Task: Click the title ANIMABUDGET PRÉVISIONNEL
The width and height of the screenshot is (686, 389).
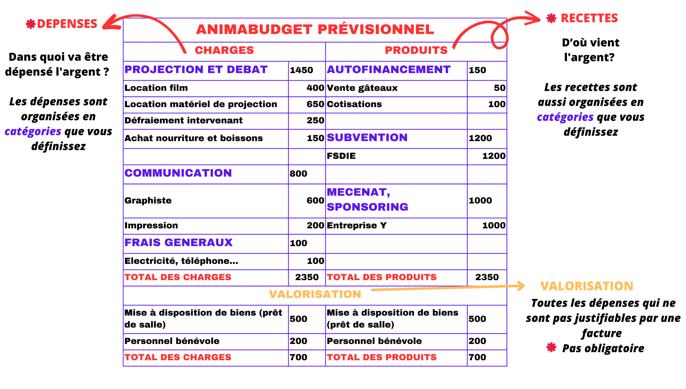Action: [315, 29]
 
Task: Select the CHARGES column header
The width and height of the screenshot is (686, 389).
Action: [224, 50]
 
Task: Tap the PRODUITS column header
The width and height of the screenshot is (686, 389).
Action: [416, 50]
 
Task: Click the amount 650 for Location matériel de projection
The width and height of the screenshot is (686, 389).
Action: [315, 104]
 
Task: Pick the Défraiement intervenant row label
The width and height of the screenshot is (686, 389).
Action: [184, 120]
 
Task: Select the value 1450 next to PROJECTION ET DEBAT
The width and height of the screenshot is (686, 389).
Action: [301, 70]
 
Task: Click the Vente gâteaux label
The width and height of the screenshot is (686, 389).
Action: [362, 88]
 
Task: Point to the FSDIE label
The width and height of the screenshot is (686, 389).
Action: [341, 156]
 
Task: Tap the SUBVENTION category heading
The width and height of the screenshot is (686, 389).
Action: [367, 138]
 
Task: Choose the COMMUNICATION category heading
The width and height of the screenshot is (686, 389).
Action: [178, 173]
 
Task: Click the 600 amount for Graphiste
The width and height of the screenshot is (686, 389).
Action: [315, 201]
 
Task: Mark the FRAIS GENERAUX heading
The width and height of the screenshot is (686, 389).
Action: [178, 243]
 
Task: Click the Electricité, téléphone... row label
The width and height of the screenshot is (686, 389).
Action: [181, 261]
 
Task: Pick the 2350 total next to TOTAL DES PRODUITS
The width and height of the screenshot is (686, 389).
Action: [487, 277]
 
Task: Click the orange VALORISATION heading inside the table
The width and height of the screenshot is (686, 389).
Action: [315, 294]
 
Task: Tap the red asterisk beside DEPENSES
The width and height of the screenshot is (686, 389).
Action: [31, 24]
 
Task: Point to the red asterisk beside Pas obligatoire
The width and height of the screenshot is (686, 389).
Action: [551, 348]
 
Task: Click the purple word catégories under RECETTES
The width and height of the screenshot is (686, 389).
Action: [565, 117]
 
